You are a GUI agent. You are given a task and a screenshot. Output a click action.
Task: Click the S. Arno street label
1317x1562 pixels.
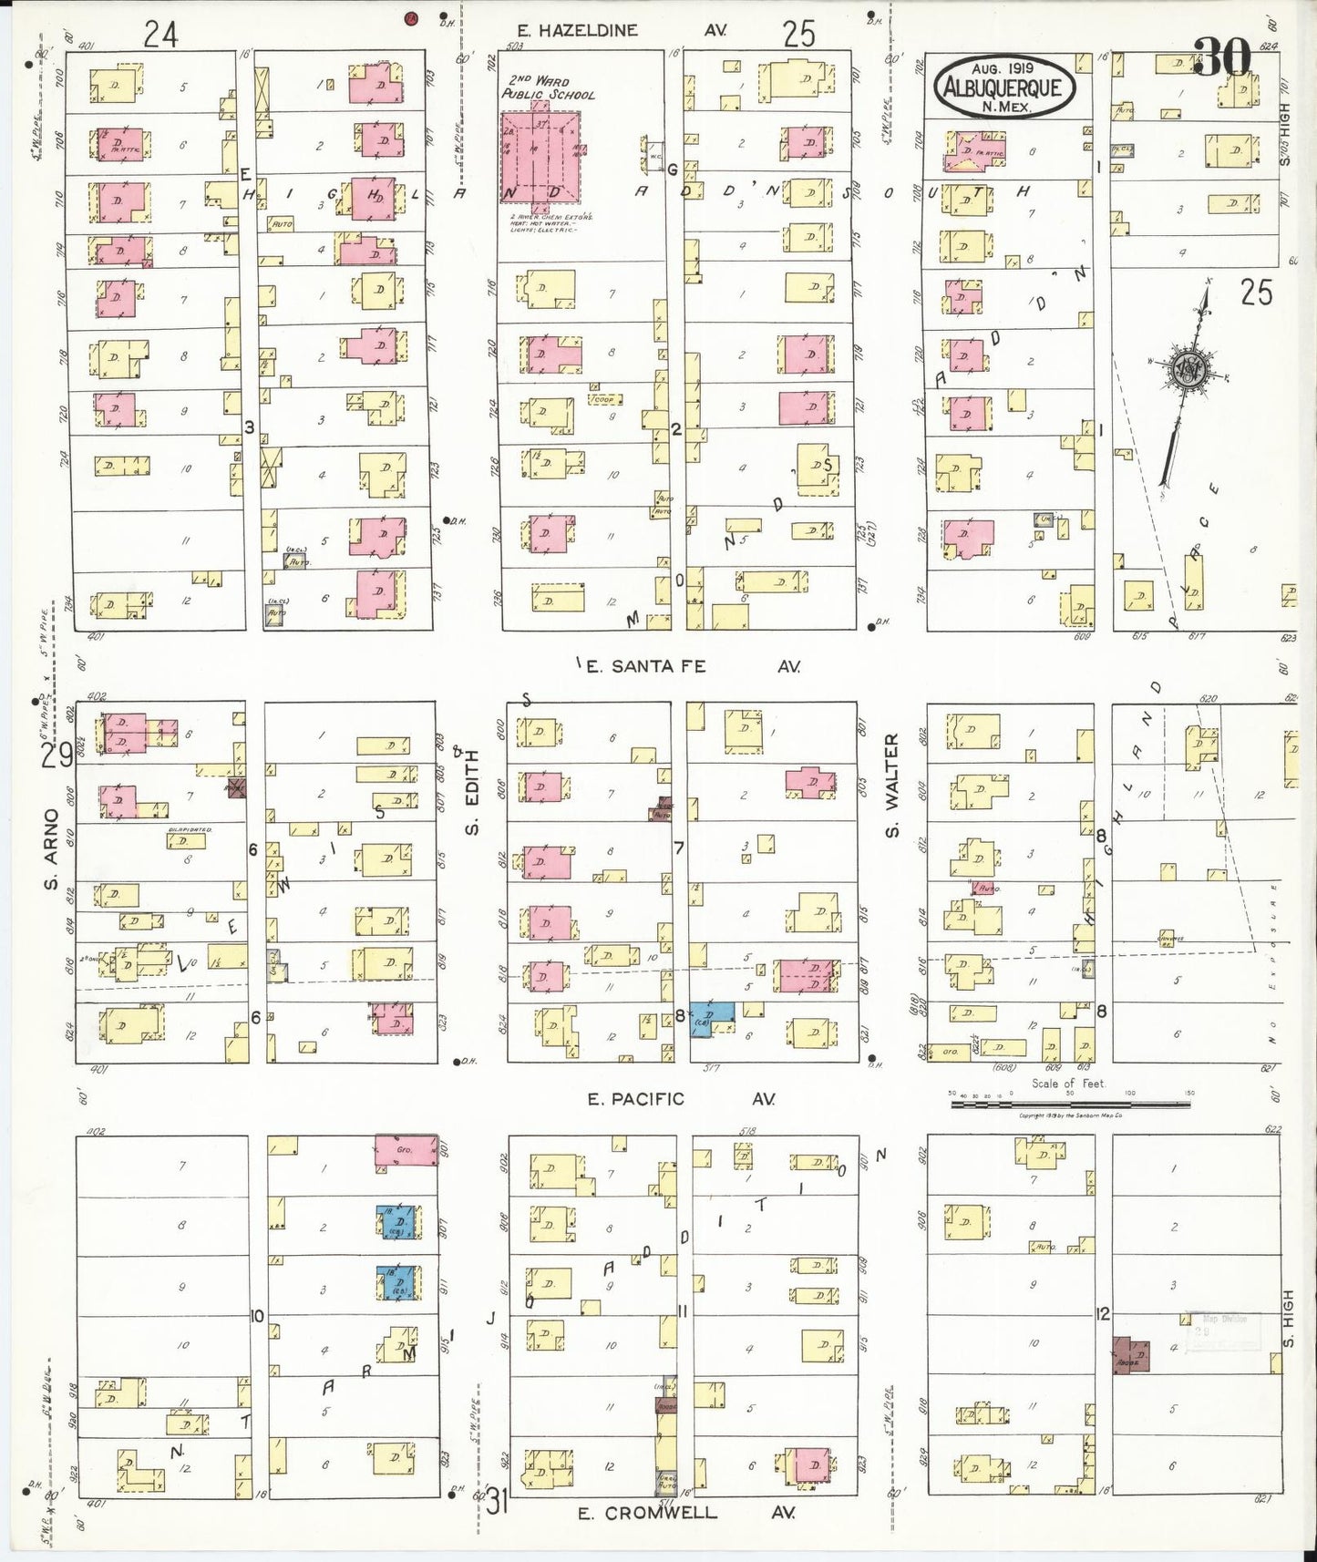[51, 857]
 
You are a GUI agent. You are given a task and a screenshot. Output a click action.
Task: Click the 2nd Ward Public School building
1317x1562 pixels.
[539, 158]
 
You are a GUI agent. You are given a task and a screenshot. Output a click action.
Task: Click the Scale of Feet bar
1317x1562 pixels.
[1069, 1104]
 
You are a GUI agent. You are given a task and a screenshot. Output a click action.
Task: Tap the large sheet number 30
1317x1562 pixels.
[1222, 58]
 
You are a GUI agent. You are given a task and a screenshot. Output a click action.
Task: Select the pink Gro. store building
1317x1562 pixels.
[406, 1153]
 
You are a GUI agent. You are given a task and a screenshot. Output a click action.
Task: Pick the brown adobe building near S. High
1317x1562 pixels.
[1131, 1354]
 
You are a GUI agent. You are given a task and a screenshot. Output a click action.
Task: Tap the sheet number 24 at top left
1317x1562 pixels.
[160, 34]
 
